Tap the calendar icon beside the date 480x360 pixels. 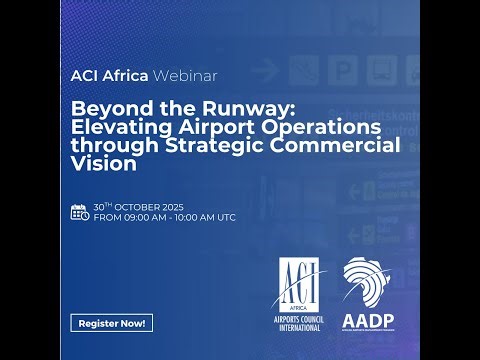(80, 211)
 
